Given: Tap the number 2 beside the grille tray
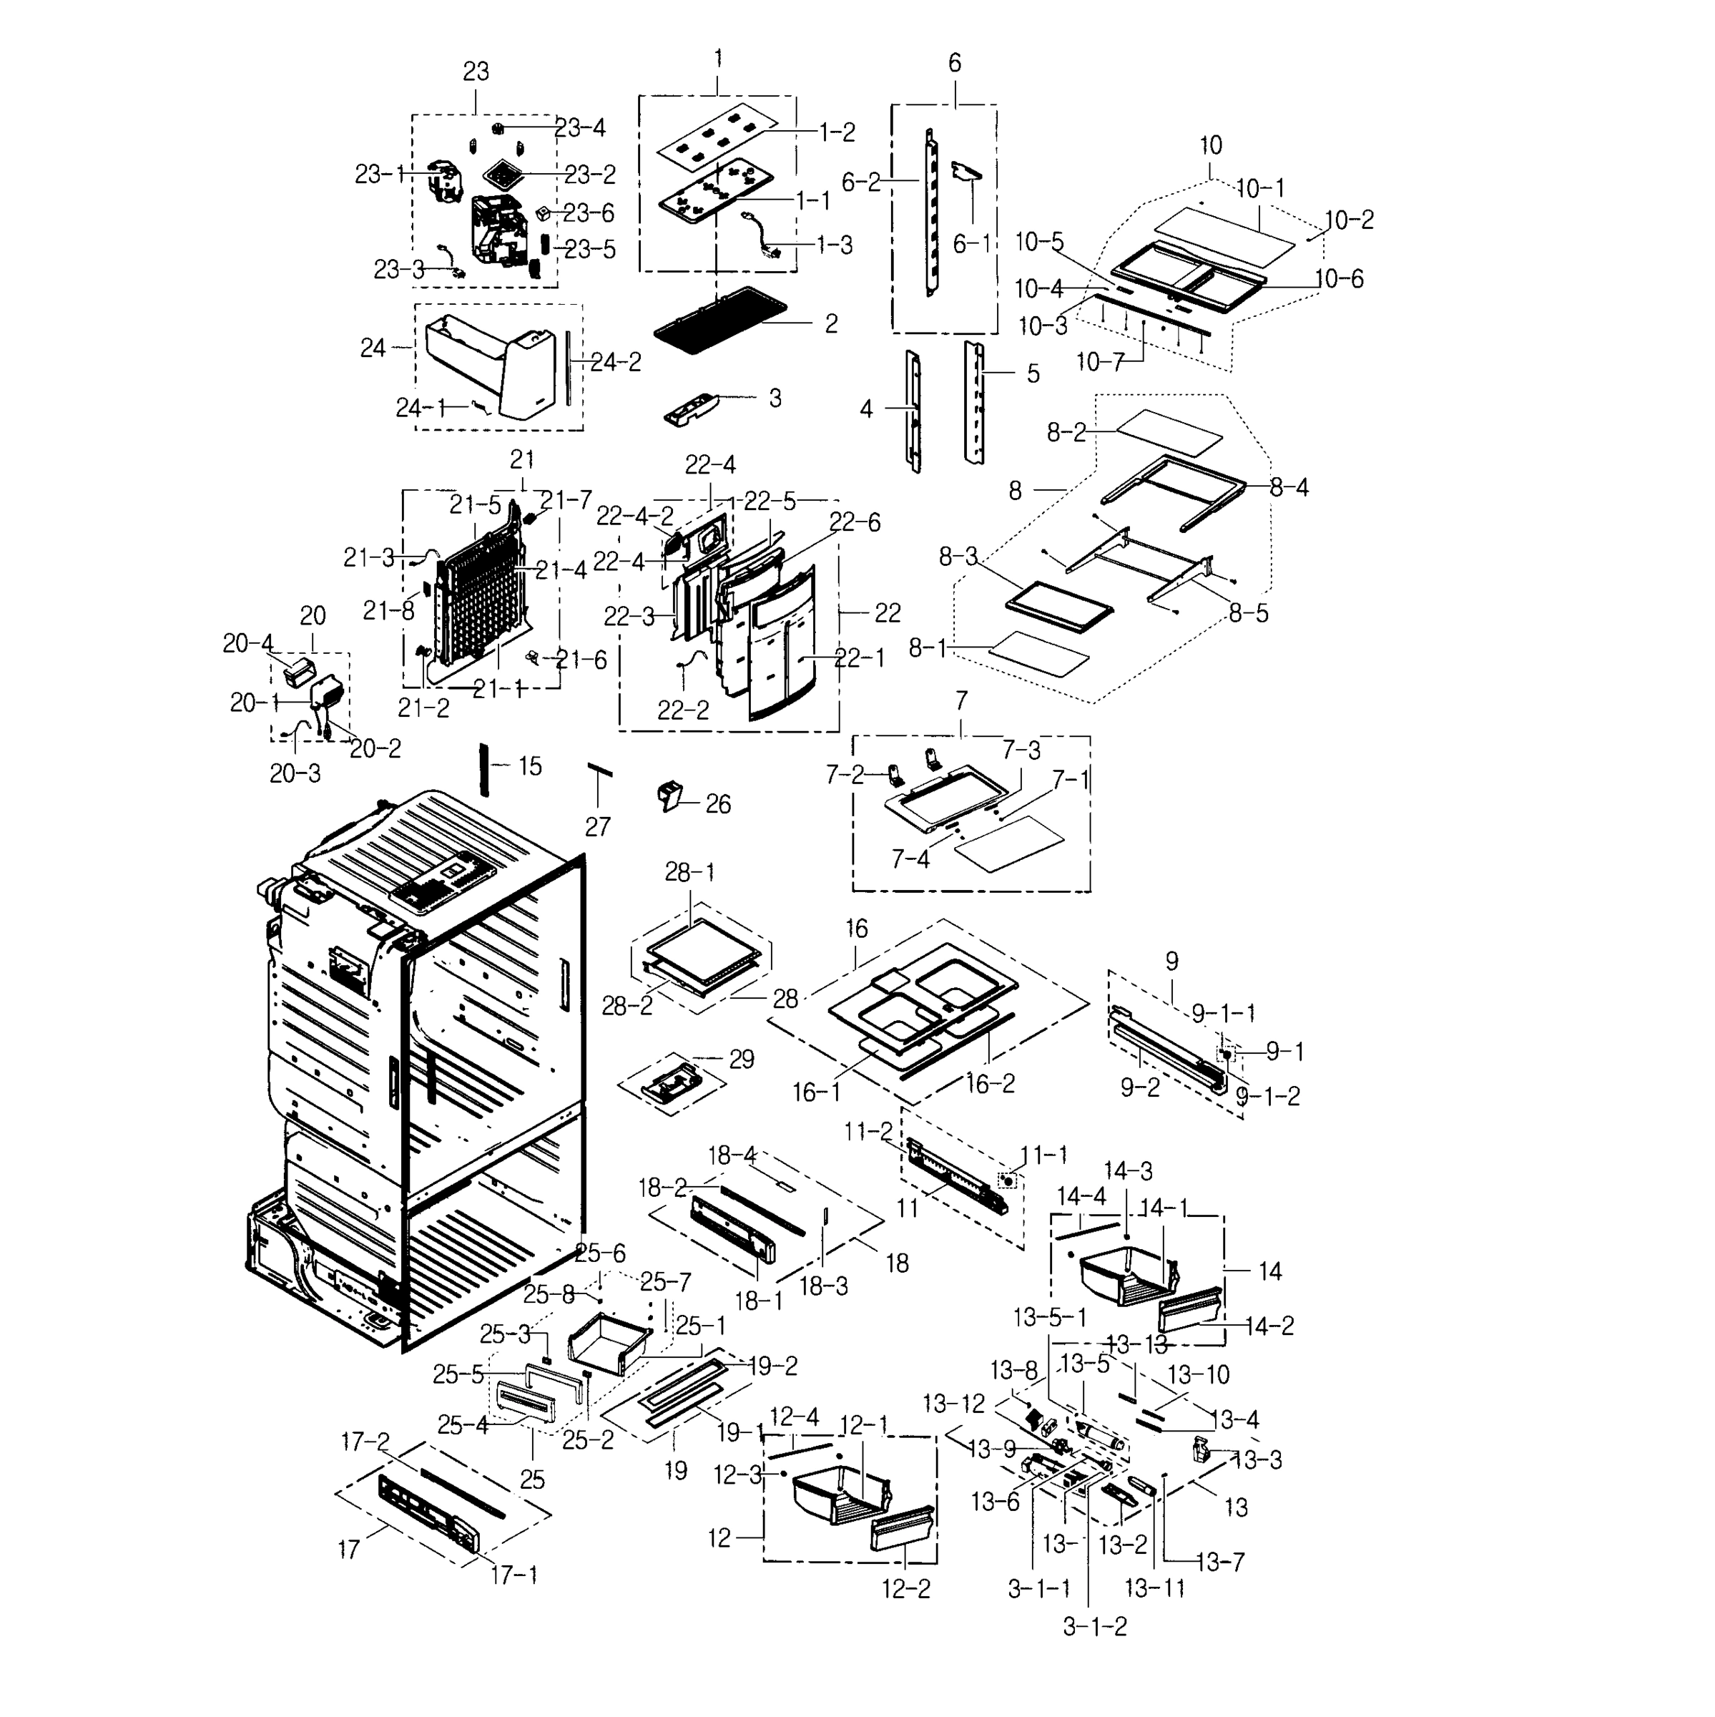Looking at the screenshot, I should coord(831,323).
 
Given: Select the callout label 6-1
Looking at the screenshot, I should coord(971,243).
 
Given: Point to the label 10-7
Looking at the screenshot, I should coord(1100,362).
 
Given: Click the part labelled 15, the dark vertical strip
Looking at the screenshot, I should coord(484,770).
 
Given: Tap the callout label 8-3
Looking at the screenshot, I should coord(958,557).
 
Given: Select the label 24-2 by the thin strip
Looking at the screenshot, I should coord(616,362).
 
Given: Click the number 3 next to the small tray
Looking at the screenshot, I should coord(775,398).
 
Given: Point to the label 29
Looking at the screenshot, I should coord(741,1059).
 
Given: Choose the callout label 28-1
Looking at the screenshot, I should coord(689,873).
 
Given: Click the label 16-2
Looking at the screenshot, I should coord(990,1083).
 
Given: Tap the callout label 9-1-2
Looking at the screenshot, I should coord(1268,1096).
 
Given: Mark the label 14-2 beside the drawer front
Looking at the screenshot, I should coord(1269,1326).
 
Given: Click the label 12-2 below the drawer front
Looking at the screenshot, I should coord(905,1589).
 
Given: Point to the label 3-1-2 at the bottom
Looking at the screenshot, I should coord(1095,1626).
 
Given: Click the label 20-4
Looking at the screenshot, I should coord(248,643).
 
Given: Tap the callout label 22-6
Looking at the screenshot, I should coord(855,522).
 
